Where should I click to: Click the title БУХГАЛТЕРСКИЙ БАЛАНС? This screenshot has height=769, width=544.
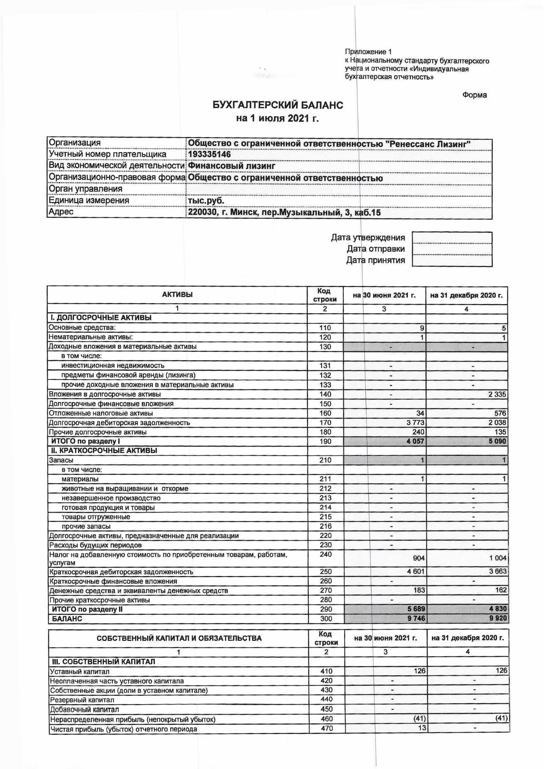[278, 105]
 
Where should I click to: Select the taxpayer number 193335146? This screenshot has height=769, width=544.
[209, 154]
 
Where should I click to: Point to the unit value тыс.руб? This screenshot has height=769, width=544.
[206, 200]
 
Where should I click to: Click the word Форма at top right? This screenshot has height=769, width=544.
[474, 95]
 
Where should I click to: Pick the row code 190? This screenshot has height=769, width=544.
[325, 441]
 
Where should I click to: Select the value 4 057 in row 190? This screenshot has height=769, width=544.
[415, 441]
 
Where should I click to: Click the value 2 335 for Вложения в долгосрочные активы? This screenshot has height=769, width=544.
[497, 394]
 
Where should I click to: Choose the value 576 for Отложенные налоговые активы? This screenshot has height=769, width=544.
[500, 413]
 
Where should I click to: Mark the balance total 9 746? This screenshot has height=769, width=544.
[416, 619]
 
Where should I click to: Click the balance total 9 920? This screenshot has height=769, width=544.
[498, 619]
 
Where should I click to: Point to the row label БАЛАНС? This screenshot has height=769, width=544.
[67, 619]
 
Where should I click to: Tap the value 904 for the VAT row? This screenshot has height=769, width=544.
[419, 558]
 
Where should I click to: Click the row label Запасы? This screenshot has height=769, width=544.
[61, 460]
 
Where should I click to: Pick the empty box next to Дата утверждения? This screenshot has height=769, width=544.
[452, 238]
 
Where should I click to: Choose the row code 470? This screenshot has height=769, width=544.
[327, 728]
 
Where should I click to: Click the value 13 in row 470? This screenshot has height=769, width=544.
[421, 728]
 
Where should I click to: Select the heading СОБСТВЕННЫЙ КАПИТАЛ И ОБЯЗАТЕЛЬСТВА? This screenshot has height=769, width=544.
[179, 638]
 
